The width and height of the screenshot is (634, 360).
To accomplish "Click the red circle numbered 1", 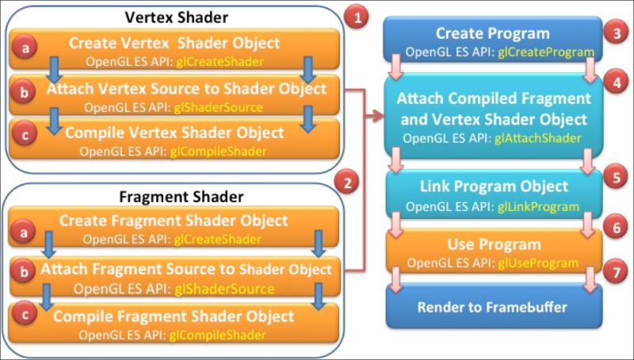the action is pos(356,17).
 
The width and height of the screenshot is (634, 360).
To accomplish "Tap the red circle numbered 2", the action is pos(347,183).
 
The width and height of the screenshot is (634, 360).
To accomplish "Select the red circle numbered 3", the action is pos(617,33).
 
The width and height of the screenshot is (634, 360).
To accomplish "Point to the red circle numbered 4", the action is pos(617,82).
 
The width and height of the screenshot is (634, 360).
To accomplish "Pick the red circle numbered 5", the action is pos(616,177).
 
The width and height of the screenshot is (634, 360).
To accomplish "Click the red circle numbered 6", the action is pos(616,228).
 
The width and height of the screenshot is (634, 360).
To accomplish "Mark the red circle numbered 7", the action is pos(616,271).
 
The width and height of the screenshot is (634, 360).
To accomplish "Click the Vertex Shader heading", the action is pos(176,17).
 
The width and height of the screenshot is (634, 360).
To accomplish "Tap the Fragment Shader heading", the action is pos(181,197).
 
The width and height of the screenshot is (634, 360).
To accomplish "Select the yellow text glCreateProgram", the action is pos(546,52).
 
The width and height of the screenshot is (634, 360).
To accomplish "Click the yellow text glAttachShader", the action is pos(538,138).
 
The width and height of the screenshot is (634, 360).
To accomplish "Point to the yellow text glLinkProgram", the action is pos(539,207).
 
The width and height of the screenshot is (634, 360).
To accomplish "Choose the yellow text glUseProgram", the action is pos(538,263).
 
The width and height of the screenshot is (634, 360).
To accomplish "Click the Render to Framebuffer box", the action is pos(494,306).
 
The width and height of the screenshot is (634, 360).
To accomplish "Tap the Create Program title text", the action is pos(493,33).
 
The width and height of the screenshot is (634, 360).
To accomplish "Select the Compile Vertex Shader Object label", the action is pos(174,132).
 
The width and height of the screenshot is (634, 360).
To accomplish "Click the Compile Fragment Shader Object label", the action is pos(174,316).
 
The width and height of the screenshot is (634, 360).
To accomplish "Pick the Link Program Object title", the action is pos(494,186).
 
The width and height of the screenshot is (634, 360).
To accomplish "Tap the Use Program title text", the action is pos(494,244).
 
